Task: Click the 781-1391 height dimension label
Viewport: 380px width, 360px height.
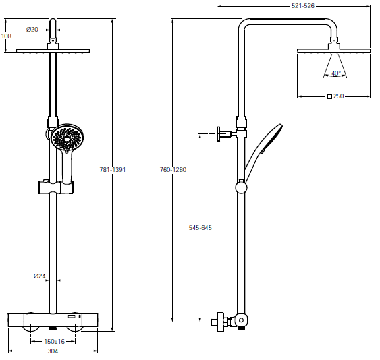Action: click(113, 169)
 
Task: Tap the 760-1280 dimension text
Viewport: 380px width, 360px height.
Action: click(173, 169)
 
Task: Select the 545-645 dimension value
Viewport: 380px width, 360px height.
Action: click(200, 228)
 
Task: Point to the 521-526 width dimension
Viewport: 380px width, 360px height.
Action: click(303, 6)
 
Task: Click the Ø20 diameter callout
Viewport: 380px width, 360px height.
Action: click(32, 30)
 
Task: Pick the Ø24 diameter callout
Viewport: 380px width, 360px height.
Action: click(40, 276)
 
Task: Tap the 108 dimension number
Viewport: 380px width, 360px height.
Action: click(6, 36)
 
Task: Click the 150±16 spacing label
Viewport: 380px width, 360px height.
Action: click(54, 342)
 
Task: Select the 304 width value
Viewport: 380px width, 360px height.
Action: click(53, 351)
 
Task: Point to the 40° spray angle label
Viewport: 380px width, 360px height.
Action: click(336, 73)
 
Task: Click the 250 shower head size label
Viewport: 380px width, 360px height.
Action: click(339, 96)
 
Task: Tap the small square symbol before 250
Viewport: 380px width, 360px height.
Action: click(329, 96)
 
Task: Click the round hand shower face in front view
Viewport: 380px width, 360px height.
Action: click(67, 138)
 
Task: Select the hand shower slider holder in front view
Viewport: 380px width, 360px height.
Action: click(56, 187)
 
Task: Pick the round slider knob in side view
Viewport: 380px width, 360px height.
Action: click(241, 187)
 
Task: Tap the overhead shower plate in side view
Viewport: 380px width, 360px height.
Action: click(333, 51)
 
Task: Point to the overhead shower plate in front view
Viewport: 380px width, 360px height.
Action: click(53, 51)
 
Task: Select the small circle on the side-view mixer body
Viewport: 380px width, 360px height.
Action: click(241, 320)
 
